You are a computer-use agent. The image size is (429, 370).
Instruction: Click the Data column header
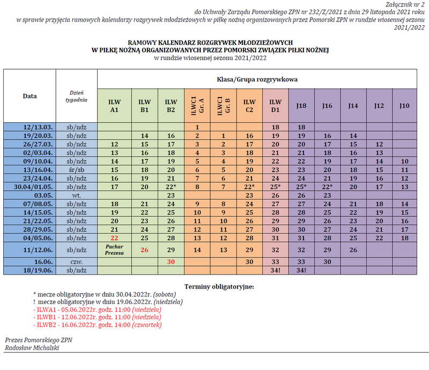(x=29, y=96)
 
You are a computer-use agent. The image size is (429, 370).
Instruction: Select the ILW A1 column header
(x=114, y=106)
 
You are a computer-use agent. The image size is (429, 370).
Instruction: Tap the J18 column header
(x=301, y=106)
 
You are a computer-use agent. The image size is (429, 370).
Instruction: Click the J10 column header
(x=404, y=106)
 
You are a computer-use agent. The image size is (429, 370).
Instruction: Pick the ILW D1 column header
(x=275, y=106)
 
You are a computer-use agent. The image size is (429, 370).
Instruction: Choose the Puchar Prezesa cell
(x=114, y=249)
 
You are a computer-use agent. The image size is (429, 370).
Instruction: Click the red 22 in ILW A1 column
(x=114, y=238)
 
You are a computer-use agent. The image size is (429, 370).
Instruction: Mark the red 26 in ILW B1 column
(x=144, y=249)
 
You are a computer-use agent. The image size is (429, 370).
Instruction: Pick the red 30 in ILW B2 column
(x=171, y=262)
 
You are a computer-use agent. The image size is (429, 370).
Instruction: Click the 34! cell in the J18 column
(x=301, y=270)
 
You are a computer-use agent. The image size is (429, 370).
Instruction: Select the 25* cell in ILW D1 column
(x=275, y=187)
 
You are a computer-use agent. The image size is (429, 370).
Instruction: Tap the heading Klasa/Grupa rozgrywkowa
(x=257, y=79)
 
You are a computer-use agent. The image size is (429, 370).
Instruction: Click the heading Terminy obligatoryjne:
(x=218, y=286)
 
